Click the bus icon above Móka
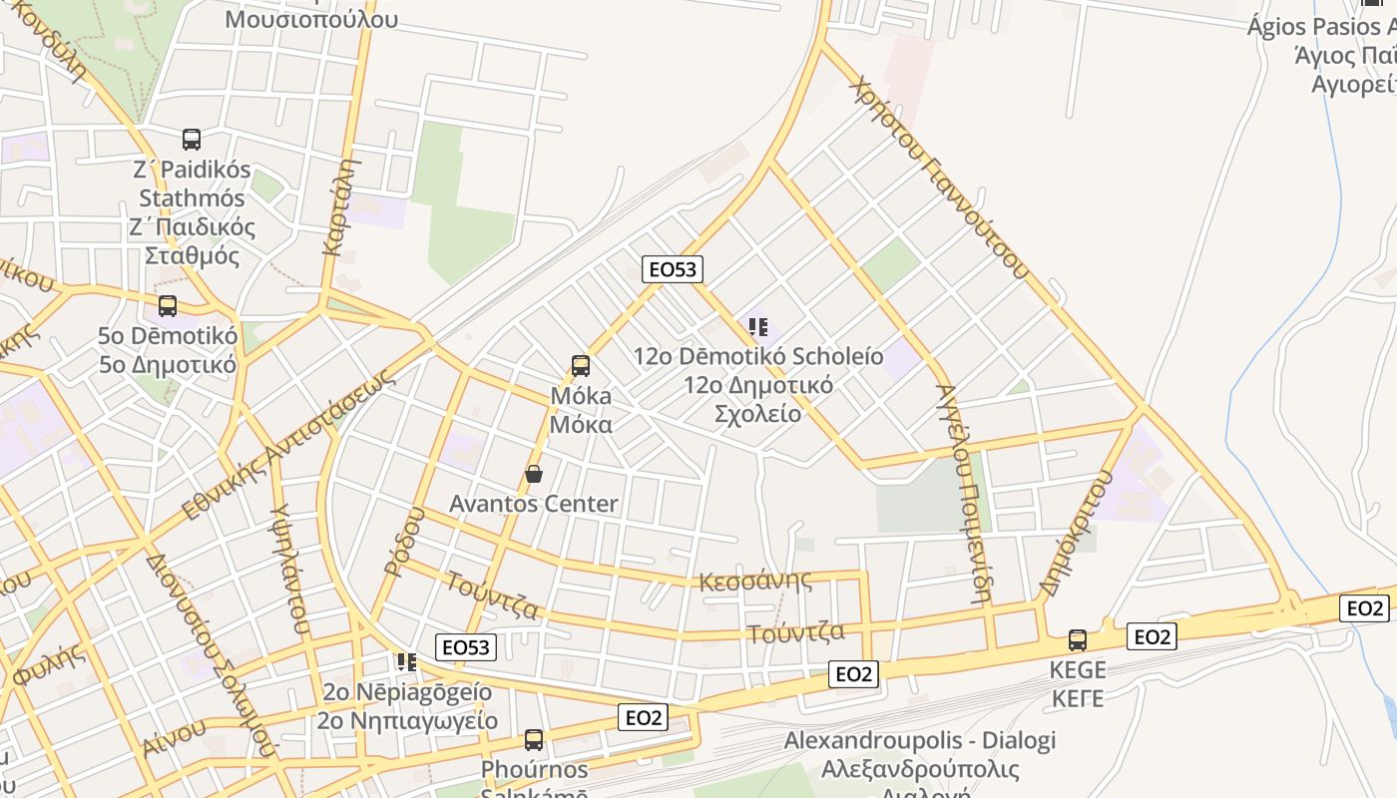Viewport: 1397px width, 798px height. pyautogui.click(x=581, y=366)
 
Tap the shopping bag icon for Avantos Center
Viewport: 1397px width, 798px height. pyautogui.click(x=534, y=474)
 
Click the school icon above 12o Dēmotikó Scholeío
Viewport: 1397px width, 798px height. pyautogui.click(x=758, y=327)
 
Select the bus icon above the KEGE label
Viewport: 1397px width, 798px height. pyautogui.click(x=1078, y=639)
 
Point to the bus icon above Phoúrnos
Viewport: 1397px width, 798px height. pyautogui.click(x=534, y=740)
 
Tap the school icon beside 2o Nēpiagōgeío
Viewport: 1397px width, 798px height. pyautogui.click(x=406, y=662)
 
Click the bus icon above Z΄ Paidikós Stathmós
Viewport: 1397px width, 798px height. pyautogui.click(x=192, y=140)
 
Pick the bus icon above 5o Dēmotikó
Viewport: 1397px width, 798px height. pyautogui.click(x=168, y=306)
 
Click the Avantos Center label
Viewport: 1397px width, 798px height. pyautogui.click(x=534, y=504)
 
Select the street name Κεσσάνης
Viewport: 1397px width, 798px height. pyautogui.click(x=755, y=581)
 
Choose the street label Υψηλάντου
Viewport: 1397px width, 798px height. pyautogui.click(x=287, y=569)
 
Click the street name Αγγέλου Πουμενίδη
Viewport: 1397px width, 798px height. pyautogui.click(x=962, y=493)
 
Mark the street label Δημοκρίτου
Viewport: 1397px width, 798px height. pyautogui.click(x=1076, y=533)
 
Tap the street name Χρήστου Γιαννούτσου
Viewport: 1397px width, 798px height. pyautogui.click(x=939, y=176)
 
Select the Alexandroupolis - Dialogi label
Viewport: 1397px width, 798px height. pyautogui.click(x=919, y=741)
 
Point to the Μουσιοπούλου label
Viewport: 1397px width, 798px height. pyautogui.click(x=311, y=19)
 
